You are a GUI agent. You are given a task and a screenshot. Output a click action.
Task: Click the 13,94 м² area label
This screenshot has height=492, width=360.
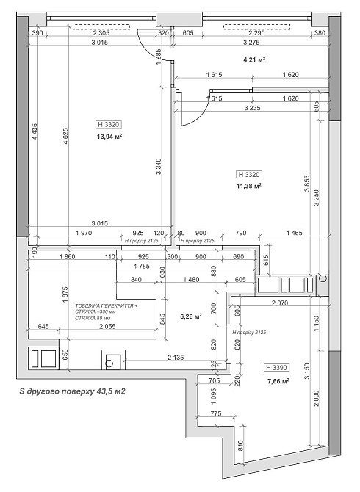click(109, 136)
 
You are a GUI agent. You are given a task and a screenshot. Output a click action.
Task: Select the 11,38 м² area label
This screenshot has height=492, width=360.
click(250, 186)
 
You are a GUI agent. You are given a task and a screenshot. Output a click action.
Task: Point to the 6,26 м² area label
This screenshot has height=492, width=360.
click(191, 317)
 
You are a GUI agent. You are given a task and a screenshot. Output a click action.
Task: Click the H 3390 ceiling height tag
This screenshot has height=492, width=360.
click(276, 367)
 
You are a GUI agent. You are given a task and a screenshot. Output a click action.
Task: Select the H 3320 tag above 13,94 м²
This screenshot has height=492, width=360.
click(108, 124)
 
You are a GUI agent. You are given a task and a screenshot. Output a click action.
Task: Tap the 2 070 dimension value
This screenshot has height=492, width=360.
click(282, 303)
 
